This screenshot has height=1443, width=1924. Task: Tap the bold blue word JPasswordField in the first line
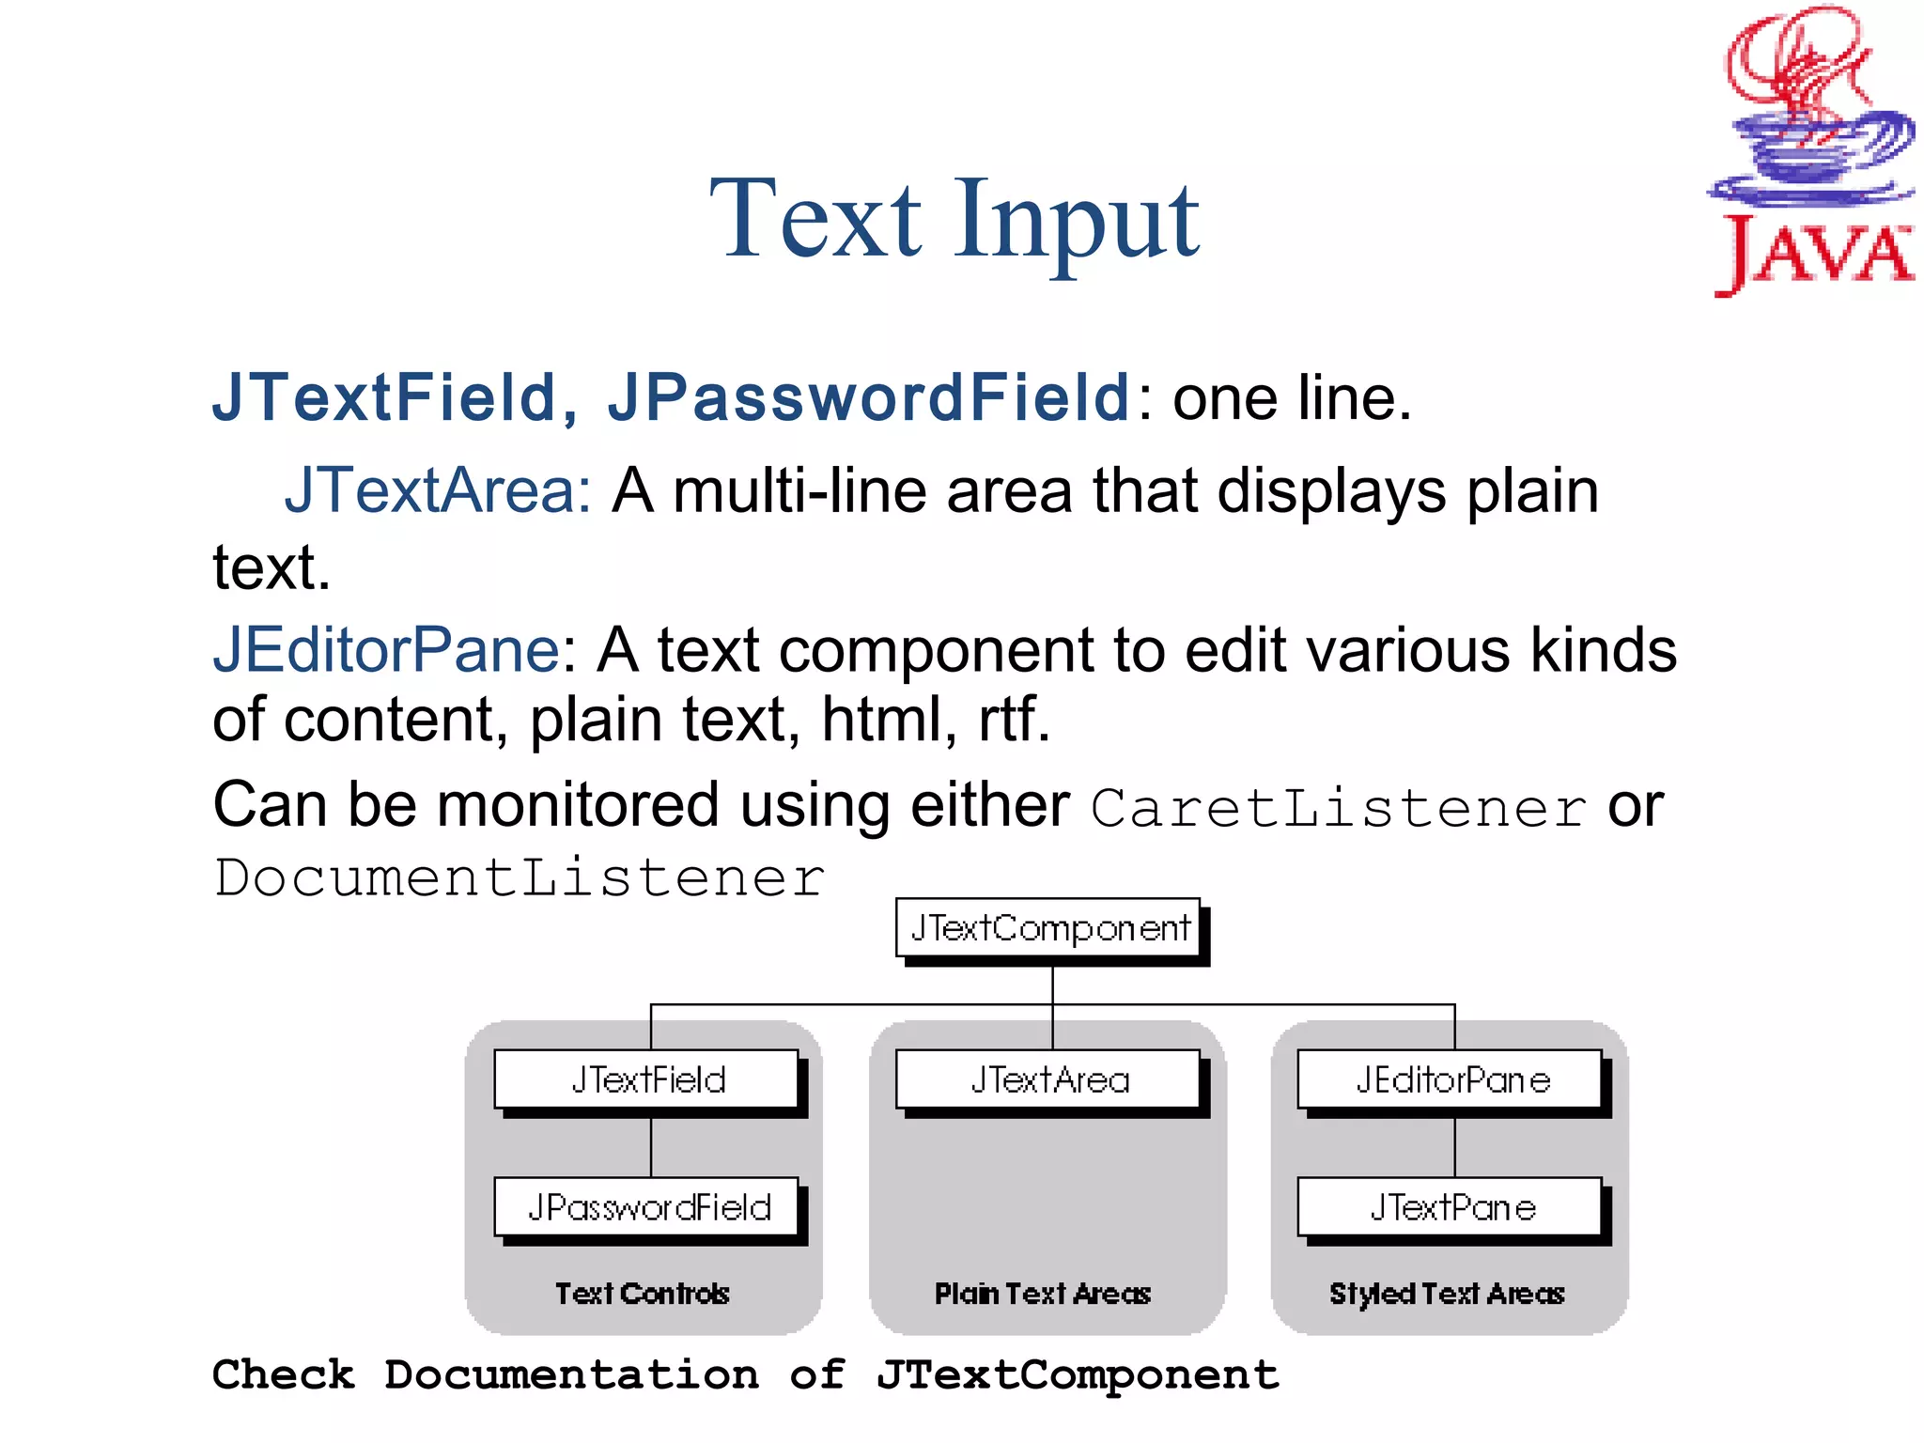869,397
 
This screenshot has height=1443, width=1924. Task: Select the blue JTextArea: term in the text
438,490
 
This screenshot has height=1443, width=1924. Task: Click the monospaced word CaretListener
1338,808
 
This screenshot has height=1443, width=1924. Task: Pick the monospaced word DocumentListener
519,878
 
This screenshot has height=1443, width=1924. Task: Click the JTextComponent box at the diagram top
1049,928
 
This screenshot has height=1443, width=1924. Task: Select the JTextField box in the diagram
647,1080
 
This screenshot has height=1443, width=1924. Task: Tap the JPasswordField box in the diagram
647,1207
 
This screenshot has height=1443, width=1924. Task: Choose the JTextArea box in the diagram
1049,1080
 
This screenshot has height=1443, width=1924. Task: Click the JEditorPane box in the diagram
1451,1080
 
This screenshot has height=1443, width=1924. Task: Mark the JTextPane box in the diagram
1451,1207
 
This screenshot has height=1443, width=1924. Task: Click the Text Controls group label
643,1294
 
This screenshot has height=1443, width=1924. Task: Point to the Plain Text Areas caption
1043,1294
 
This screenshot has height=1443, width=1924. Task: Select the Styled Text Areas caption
1447,1294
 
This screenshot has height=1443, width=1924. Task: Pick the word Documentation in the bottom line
571,1375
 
